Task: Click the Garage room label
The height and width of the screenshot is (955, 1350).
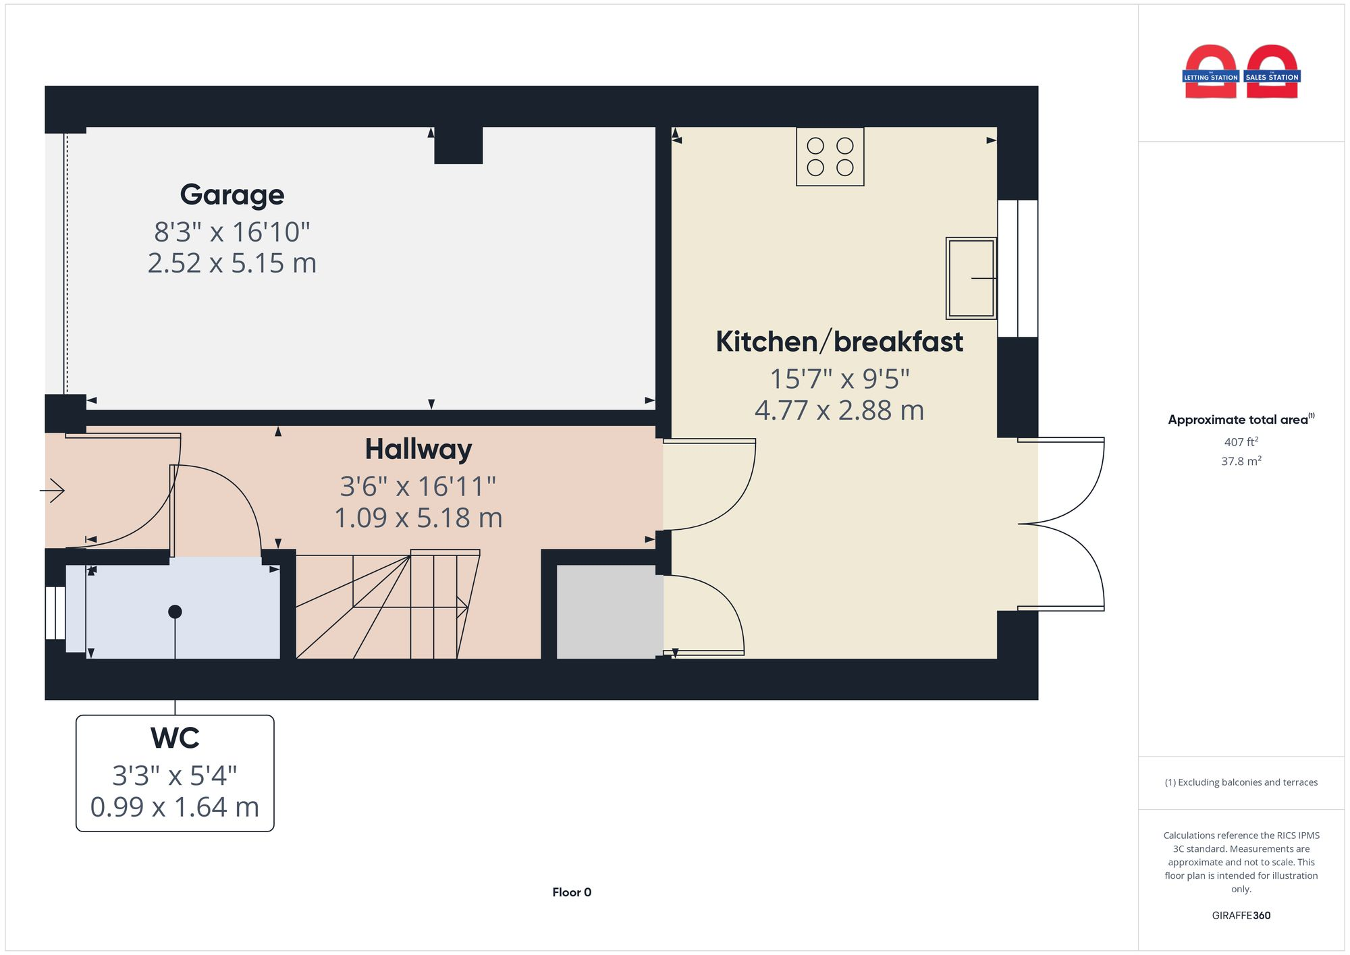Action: [232, 194]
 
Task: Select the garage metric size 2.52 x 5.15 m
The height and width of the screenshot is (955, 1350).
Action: [232, 263]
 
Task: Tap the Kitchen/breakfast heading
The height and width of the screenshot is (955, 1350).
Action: [839, 342]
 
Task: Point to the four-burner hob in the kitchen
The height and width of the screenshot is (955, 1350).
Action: [830, 157]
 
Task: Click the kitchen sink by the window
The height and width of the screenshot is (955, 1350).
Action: [971, 277]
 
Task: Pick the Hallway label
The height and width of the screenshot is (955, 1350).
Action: [418, 449]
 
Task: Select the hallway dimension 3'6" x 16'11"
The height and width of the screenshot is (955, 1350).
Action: [418, 486]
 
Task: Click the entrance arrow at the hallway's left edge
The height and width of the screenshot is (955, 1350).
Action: [53, 490]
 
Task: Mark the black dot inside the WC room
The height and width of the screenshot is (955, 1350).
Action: [175, 611]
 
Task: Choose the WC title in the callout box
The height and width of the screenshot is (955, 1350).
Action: [175, 738]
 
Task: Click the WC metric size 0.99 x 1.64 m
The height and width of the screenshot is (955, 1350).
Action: [175, 807]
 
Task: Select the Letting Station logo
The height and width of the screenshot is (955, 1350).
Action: [1210, 73]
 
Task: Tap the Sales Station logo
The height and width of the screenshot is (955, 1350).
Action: [1272, 73]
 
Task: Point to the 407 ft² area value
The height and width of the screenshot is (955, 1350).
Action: [1241, 442]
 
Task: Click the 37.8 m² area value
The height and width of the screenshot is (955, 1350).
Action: [1241, 461]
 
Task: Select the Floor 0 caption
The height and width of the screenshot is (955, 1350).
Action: [571, 892]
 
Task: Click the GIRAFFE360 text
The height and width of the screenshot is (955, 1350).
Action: [1241, 915]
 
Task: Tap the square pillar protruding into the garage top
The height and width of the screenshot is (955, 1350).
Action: [458, 144]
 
